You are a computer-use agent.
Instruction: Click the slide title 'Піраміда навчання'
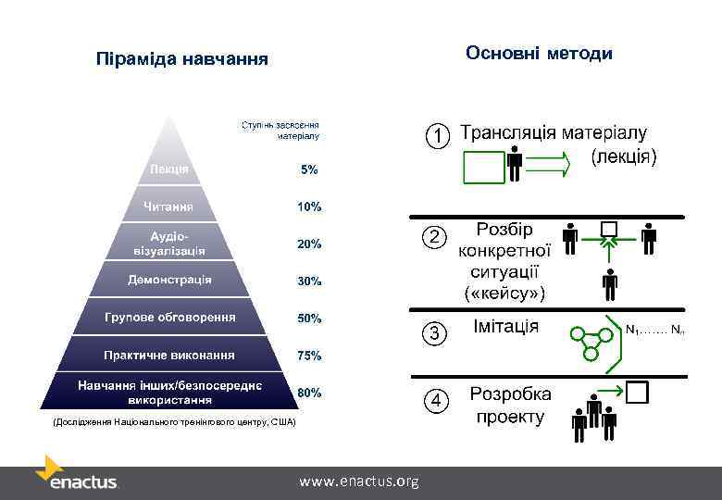point(181,60)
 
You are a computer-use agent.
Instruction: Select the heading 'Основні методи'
point(539,54)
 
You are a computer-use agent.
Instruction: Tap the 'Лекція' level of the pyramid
point(169,169)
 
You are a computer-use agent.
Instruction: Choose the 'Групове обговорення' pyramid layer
point(169,318)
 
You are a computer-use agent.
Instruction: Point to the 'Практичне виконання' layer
point(169,355)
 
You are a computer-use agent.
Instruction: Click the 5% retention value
point(308,170)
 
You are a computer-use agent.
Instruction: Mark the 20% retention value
point(309,244)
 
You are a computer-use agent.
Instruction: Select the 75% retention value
point(309,356)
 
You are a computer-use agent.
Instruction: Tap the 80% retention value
point(309,393)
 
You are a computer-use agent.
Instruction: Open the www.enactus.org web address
point(359,481)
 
